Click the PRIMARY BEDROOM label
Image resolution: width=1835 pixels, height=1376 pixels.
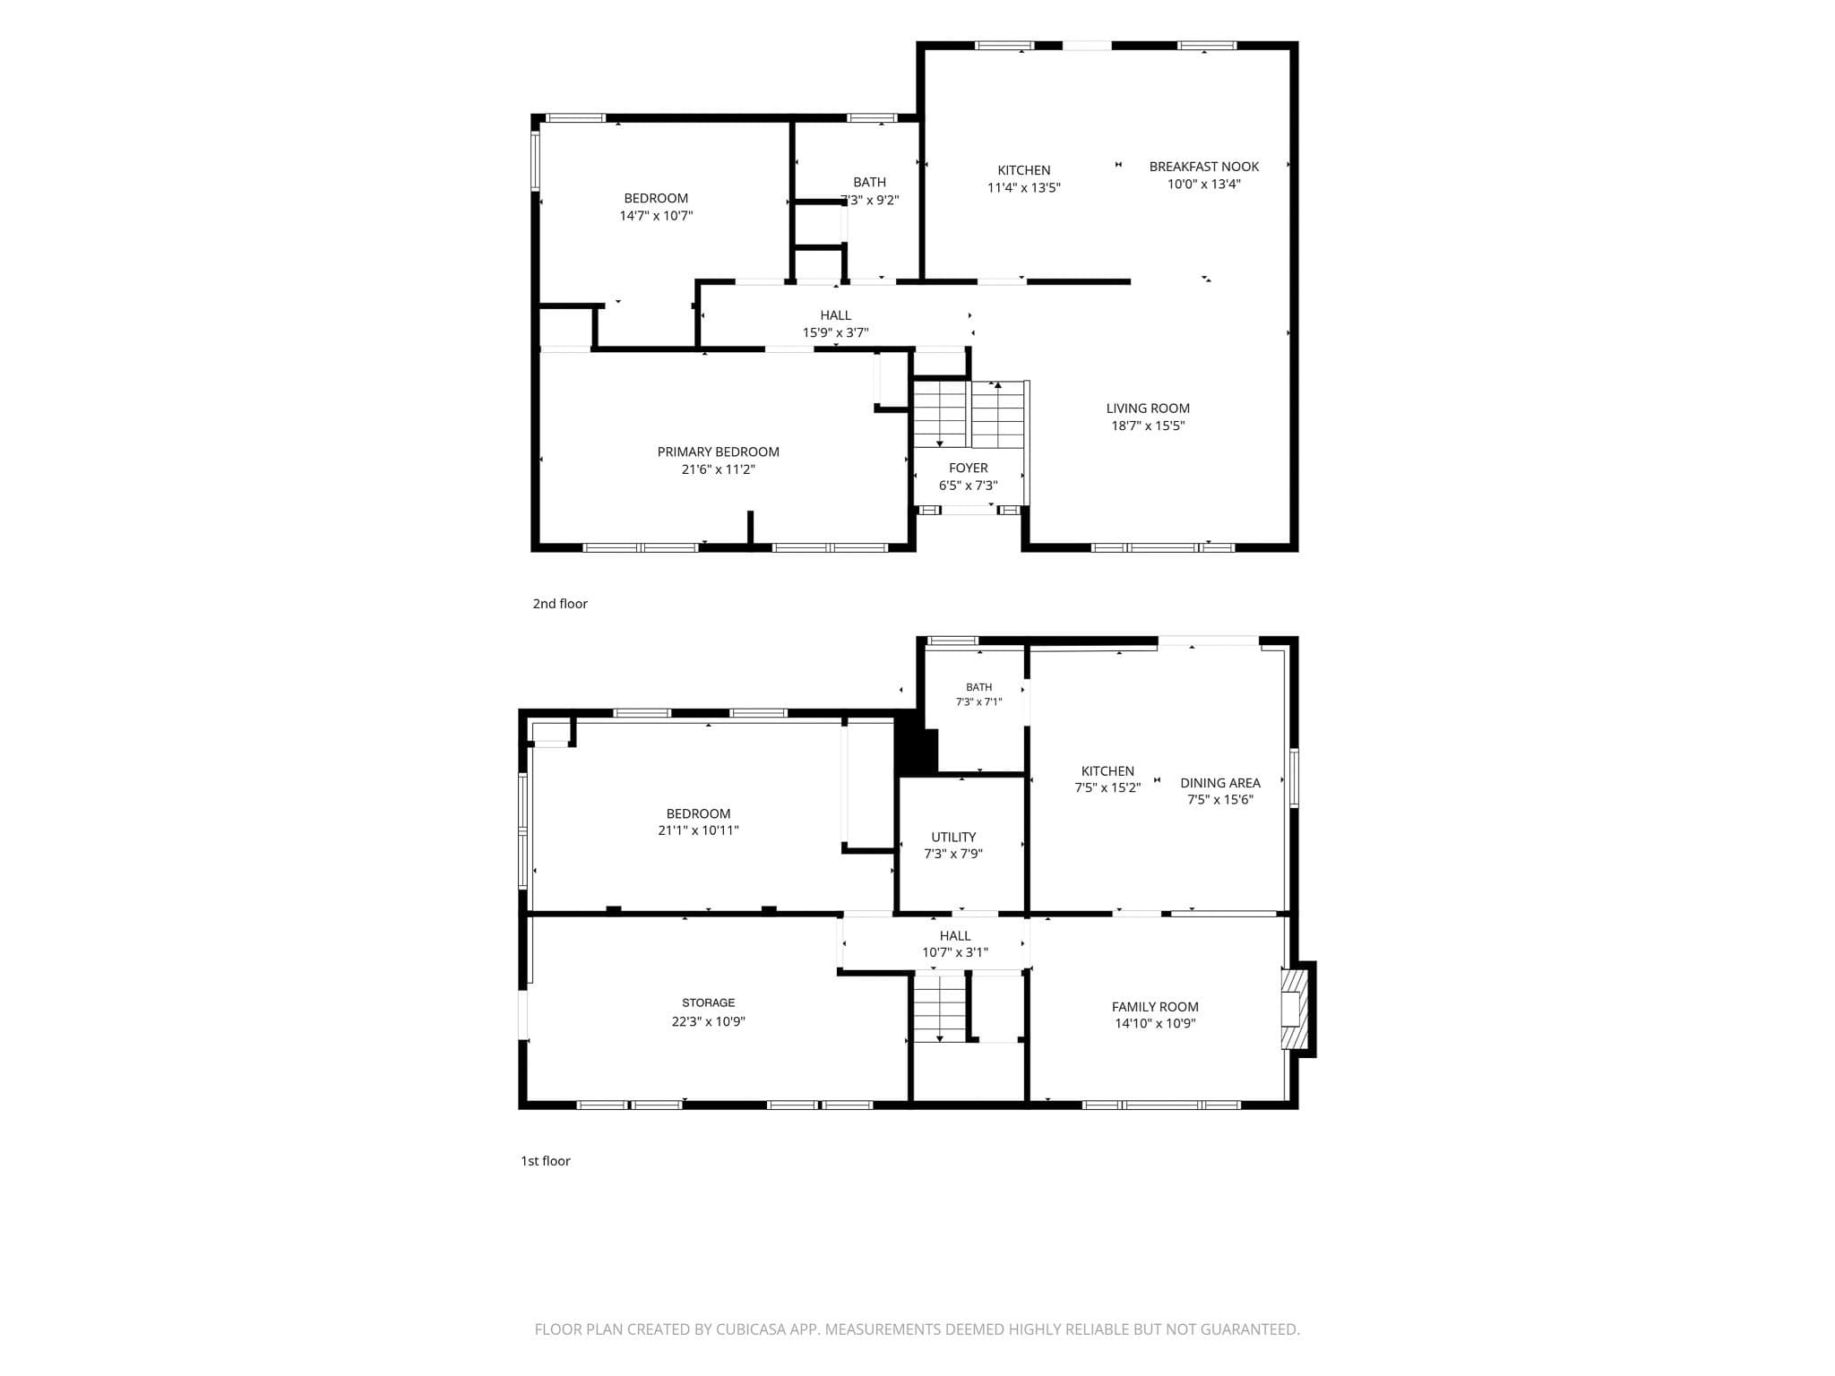click(x=718, y=452)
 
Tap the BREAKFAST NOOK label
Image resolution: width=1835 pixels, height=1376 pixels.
click(x=1203, y=167)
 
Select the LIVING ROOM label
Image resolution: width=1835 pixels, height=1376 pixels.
click(x=1148, y=408)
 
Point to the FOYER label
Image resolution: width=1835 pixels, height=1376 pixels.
click(x=968, y=469)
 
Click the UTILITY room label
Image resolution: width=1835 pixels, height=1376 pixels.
click(x=953, y=838)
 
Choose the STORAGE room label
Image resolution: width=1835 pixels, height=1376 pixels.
click(x=708, y=1003)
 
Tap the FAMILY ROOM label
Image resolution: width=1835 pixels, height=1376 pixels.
click(x=1155, y=1007)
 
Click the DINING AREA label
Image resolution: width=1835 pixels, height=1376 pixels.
click(x=1219, y=783)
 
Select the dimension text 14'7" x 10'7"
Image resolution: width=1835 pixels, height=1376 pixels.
click(x=656, y=216)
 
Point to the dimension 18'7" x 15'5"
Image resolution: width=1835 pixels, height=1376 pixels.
click(x=1148, y=426)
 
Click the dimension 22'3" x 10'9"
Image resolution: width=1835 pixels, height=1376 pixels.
click(x=708, y=1021)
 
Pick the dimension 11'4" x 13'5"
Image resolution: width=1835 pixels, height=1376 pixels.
click(x=1024, y=188)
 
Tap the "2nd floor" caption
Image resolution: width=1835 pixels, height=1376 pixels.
click(x=560, y=604)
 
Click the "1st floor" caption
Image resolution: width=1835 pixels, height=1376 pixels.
click(x=546, y=1161)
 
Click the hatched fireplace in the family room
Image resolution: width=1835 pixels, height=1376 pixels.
click(x=1291, y=1009)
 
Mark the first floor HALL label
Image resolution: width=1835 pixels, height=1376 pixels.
click(x=955, y=936)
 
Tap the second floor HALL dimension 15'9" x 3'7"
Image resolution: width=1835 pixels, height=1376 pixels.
click(x=835, y=333)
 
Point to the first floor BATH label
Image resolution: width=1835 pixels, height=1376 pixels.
click(x=978, y=687)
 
